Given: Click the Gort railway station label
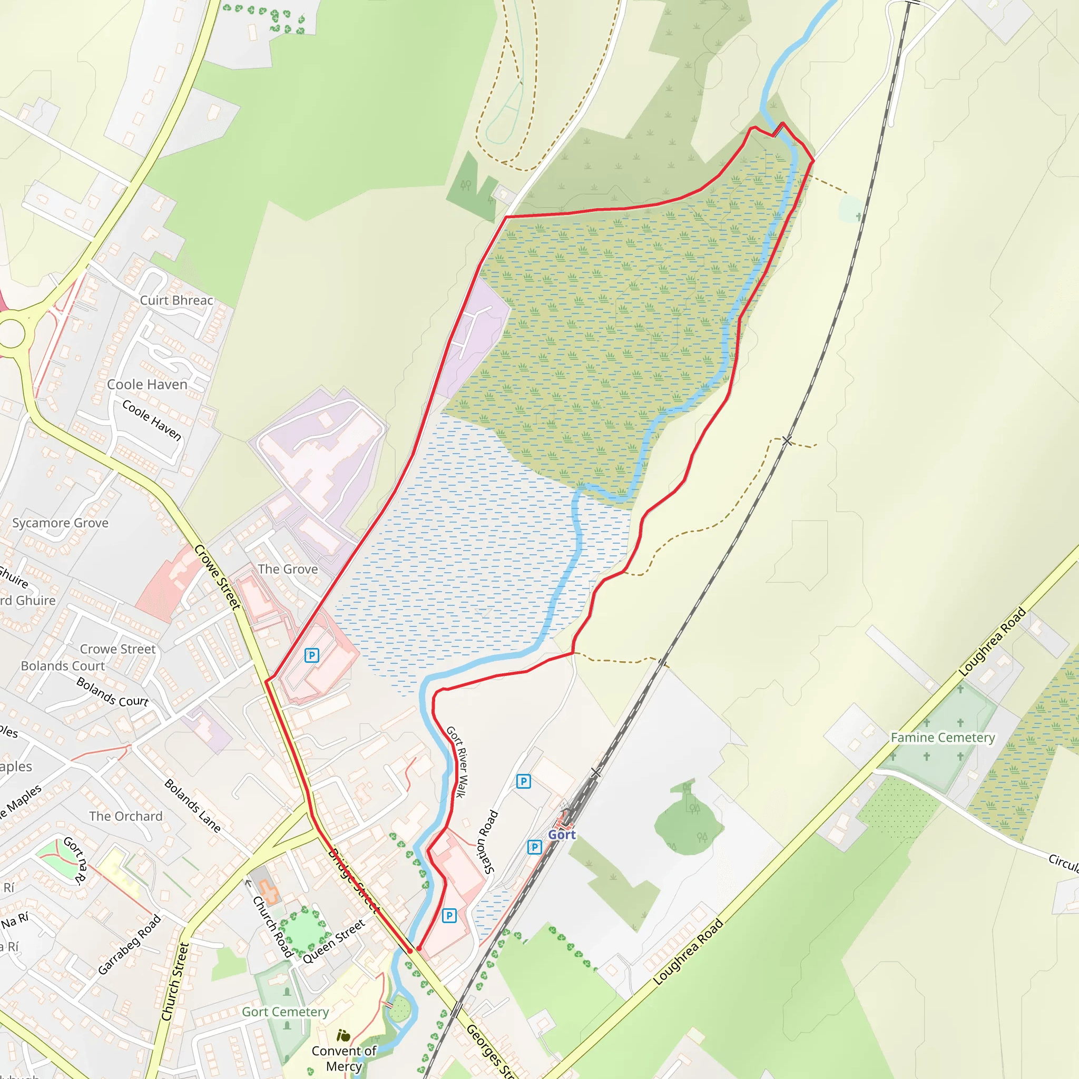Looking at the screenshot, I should coord(561,835).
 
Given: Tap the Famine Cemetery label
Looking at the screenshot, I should coord(942,738).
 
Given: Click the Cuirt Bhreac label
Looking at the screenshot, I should coord(176,300).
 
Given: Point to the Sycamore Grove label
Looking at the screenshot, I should coord(60,523).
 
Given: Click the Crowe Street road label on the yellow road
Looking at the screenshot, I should coord(217,577).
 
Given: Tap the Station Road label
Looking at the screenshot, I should coord(486,841).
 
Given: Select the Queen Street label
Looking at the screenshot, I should coord(334,941).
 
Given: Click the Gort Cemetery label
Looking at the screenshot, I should coord(286,1012).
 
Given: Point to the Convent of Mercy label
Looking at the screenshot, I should coord(344,1058).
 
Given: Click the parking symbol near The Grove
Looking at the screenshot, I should coord(312,655).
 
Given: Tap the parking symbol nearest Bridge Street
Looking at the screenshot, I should coord(449,915).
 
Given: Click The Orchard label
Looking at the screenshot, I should coord(126,816).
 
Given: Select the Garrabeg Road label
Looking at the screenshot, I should coord(129,945).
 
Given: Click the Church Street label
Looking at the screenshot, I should coord(175,982).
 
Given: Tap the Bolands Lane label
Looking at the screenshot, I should coord(193,806).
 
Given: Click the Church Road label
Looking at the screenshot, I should coord(272,927).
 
